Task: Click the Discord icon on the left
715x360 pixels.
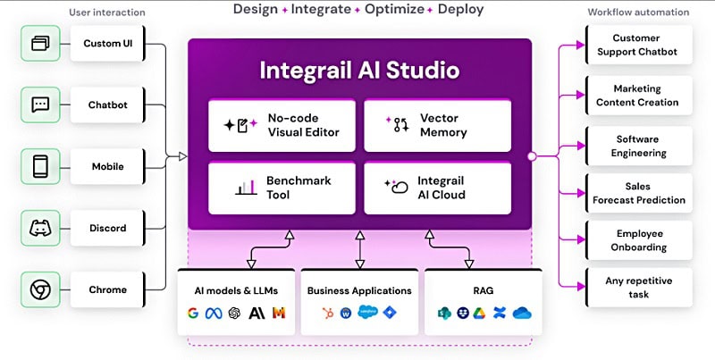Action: [40, 228]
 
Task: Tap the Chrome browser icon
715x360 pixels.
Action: [40, 289]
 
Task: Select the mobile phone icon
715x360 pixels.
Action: [40, 166]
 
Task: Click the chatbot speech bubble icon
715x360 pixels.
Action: [40, 105]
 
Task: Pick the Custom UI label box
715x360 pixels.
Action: [107, 43]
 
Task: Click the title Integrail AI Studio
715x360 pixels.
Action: [360, 71]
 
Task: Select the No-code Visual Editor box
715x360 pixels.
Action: [282, 125]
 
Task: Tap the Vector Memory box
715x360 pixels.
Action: [437, 125]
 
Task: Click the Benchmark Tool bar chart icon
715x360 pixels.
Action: [247, 188]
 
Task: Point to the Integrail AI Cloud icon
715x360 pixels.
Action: [396, 187]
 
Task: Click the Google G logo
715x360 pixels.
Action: [193, 313]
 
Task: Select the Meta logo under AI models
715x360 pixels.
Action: [214, 313]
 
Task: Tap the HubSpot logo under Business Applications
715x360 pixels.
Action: [327, 313]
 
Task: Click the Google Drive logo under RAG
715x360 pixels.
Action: [479, 313]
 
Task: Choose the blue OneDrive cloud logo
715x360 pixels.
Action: [522, 313]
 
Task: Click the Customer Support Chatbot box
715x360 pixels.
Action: [638, 45]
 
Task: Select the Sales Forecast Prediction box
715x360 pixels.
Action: [638, 193]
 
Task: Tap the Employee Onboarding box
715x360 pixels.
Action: [638, 240]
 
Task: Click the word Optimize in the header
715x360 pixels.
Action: [394, 9]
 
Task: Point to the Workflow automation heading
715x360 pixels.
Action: [638, 13]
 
